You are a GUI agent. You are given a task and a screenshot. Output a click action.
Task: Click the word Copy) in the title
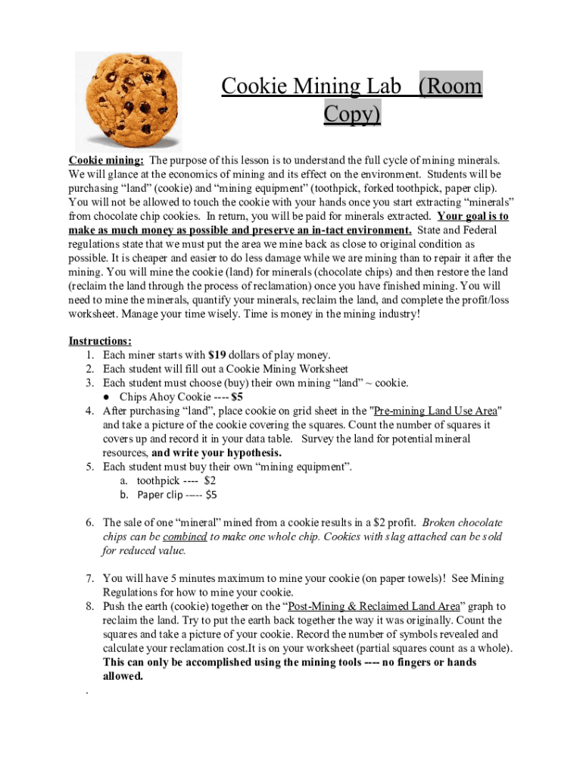click(352, 114)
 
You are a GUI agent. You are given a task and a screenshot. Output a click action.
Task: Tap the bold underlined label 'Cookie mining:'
click(106, 160)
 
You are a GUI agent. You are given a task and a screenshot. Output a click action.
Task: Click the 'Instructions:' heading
click(100, 341)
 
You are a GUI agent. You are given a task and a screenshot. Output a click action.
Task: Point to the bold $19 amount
click(217, 355)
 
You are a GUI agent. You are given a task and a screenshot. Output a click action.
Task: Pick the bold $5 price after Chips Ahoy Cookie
click(237, 397)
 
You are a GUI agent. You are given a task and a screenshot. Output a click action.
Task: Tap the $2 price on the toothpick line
click(210, 481)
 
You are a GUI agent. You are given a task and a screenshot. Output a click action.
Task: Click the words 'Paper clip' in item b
click(160, 495)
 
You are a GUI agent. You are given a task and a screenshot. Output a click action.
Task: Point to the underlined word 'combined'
click(185, 537)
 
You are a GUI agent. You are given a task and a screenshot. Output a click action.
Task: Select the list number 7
click(89, 579)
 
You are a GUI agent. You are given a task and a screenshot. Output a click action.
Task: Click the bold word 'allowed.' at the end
click(123, 676)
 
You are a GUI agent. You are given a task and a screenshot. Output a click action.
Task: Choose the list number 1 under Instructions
click(89, 355)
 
